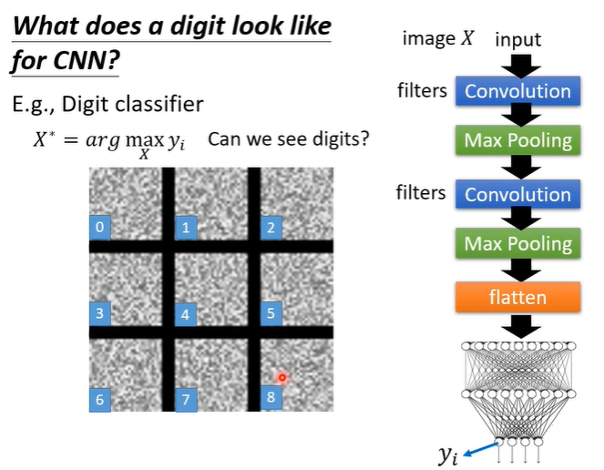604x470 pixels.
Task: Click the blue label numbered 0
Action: point(100,227)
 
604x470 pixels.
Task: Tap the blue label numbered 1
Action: point(186,227)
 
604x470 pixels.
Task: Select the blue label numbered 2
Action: point(270,227)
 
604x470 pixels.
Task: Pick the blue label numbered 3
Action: point(100,314)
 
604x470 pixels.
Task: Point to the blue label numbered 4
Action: point(186,315)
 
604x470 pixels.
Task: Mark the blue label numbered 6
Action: point(100,398)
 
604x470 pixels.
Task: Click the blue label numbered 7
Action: point(186,399)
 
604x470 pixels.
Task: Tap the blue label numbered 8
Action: point(270,397)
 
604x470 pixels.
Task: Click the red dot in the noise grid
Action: point(282,377)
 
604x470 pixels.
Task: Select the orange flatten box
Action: point(517,297)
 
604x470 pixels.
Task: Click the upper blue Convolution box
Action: point(517,91)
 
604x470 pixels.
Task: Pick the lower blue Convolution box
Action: point(517,194)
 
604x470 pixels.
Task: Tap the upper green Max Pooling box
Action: point(517,140)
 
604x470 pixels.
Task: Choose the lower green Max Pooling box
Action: point(517,244)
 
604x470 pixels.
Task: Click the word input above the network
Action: point(517,40)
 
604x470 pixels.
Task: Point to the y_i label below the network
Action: point(448,455)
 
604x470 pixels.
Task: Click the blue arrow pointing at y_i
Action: point(484,443)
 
